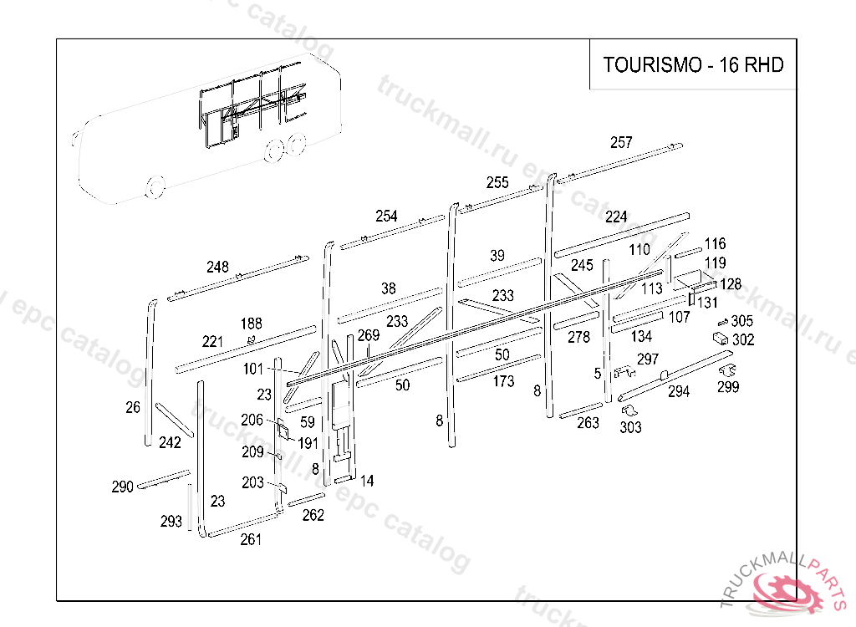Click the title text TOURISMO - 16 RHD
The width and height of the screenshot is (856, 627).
(x=693, y=64)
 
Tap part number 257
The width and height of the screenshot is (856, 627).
(x=621, y=142)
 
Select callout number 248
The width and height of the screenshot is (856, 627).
(x=217, y=267)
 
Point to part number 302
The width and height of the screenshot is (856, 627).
(x=743, y=339)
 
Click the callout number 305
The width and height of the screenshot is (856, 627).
(x=741, y=321)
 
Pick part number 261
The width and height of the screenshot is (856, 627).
(x=251, y=539)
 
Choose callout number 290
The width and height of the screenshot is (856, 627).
(x=123, y=487)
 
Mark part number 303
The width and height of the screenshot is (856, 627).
(x=631, y=427)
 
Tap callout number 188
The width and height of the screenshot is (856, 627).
(x=251, y=324)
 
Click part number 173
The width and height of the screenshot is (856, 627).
(x=503, y=381)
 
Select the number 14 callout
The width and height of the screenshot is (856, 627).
(x=367, y=481)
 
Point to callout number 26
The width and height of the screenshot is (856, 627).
(x=133, y=407)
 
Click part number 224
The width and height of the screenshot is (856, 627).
(x=616, y=217)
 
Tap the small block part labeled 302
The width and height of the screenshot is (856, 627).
(x=718, y=337)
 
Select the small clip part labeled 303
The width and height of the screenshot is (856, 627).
(x=629, y=410)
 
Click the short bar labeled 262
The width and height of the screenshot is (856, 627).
(x=306, y=500)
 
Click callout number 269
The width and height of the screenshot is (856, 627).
(x=369, y=335)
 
